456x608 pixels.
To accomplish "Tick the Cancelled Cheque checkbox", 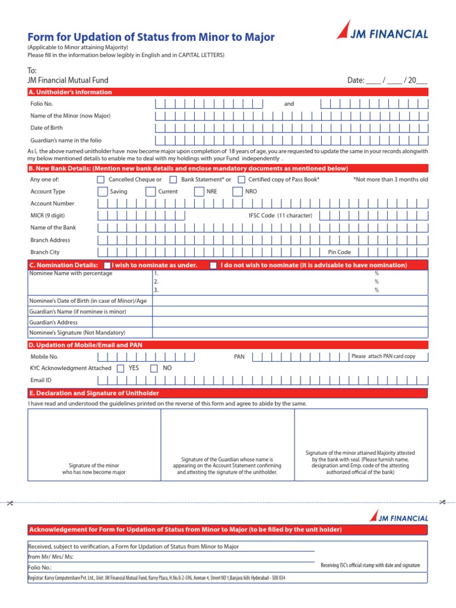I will pos(100,179).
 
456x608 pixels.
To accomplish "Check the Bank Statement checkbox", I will pos(173,179).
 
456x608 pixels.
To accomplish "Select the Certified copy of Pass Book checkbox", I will pos(242,179).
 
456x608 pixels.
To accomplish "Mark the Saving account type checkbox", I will pos(103,192).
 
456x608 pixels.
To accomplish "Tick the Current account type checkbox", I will pos(151,192).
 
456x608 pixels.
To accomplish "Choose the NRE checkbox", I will pos(199,192).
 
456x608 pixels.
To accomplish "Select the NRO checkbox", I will pos(237,192).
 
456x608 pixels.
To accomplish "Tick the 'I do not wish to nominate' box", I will pos(213,265).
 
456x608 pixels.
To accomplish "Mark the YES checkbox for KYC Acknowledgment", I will pos(121,368).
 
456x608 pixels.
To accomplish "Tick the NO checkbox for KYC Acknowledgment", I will pos(154,368).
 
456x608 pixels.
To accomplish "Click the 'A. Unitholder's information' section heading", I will pos(71,92).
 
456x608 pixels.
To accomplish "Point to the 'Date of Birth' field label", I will pos(46,128).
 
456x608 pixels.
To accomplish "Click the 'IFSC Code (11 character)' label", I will pos(280,216).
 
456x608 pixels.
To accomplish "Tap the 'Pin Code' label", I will pos(339,252).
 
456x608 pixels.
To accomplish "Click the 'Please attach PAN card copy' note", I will pos(384,356).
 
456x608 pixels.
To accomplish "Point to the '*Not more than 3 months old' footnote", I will pos(390,179).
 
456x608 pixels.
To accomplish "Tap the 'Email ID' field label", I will pos(41,380).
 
